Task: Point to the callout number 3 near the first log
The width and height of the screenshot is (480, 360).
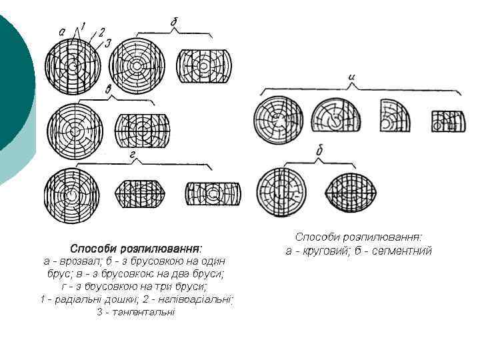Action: [x=107, y=43]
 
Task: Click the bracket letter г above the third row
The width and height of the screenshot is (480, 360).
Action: [x=135, y=156]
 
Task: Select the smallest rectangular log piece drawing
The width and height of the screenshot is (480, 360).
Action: [x=446, y=121]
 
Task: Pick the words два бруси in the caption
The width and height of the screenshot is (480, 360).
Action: [x=201, y=273]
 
